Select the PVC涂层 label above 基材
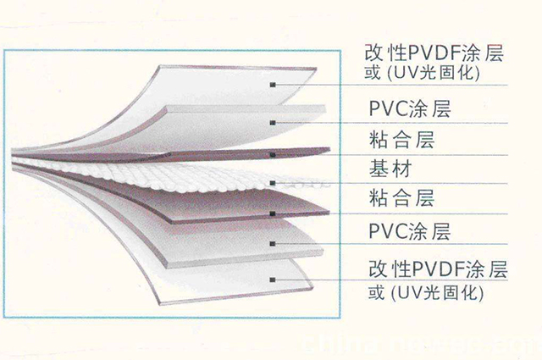410,110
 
